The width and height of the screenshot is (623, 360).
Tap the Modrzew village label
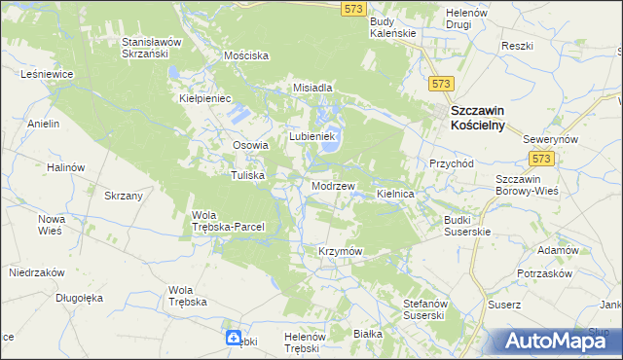click(332, 185)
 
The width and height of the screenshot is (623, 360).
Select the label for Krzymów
click(340, 251)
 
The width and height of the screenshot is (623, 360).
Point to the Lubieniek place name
click(311, 136)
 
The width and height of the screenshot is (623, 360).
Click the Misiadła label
click(313, 88)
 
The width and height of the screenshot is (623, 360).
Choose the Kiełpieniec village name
click(203, 98)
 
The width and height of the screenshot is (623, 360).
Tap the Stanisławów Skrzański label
click(153, 49)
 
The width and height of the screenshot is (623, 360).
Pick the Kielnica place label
click(396, 195)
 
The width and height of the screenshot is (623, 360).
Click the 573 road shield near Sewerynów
click(541, 158)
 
